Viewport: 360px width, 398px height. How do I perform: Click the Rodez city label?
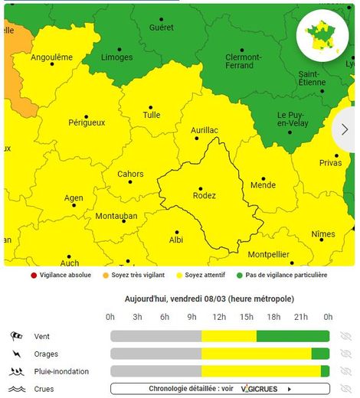(205, 196)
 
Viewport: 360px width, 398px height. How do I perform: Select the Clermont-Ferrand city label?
(244, 62)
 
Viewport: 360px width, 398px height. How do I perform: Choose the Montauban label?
(116, 217)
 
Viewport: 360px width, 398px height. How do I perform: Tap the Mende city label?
(263, 185)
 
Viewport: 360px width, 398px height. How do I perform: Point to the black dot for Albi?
(177, 231)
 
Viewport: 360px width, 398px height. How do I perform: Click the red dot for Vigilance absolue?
(33, 275)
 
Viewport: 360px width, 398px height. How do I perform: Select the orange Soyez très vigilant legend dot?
(105, 275)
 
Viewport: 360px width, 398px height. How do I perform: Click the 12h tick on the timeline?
(219, 317)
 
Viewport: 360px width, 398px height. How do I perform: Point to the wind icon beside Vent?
(18, 336)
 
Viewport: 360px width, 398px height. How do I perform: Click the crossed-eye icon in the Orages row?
(345, 354)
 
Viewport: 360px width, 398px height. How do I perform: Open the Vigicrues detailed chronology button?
(220, 389)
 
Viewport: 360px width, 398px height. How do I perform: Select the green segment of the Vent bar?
(293, 336)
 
